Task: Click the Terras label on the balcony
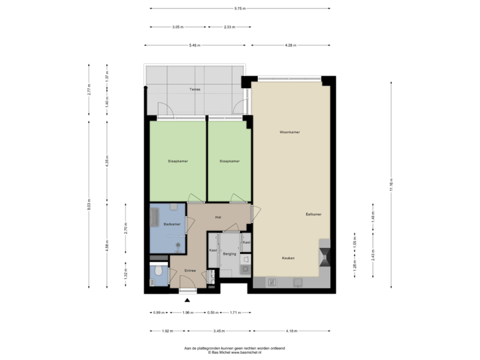194,89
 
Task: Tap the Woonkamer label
289,133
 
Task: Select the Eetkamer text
313,214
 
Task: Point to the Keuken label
288,258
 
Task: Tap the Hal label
218,218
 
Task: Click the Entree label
190,270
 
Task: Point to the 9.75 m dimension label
239,9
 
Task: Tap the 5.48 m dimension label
195,45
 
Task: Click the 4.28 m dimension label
290,45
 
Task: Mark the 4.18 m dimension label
291,330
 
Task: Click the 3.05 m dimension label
177,27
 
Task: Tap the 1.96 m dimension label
187,312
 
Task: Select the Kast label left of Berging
213,250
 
